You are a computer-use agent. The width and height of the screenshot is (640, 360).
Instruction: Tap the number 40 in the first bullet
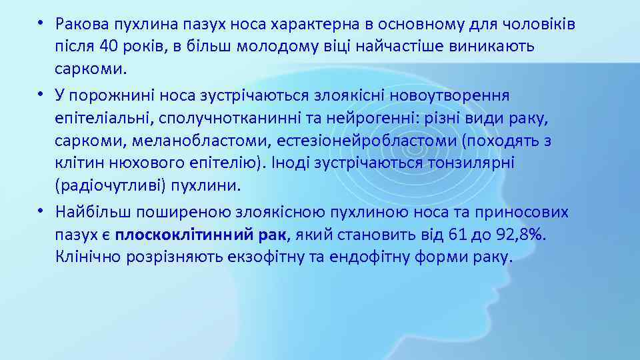click(x=110, y=47)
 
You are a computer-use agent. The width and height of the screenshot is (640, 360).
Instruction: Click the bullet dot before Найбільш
click(x=41, y=211)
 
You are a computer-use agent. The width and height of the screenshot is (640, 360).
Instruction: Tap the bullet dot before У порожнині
click(x=41, y=94)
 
